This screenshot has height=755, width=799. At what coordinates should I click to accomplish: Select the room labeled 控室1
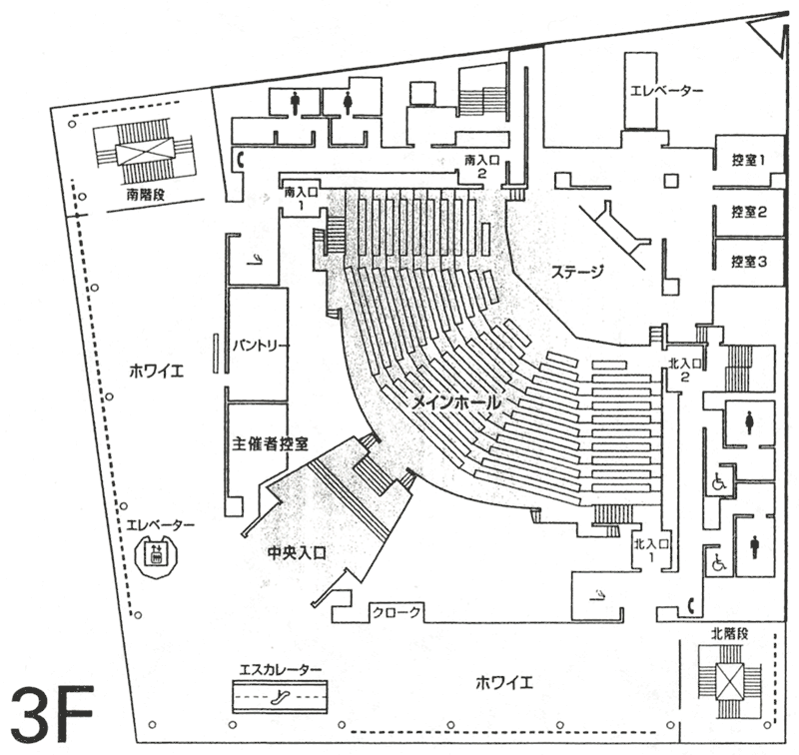tap(748, 160)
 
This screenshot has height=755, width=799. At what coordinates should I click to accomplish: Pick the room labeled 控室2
tap(748, 212)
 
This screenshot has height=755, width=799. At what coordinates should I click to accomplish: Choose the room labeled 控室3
tap(748, 263)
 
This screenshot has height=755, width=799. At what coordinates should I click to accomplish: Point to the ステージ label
tap(577, 272)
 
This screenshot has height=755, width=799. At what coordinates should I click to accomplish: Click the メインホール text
tap(454, 400)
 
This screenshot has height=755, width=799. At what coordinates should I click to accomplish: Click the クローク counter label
tap(399, 612)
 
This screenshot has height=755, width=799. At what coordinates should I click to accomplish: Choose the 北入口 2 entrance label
tap(685, 370)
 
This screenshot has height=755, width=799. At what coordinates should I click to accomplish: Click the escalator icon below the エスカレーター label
tap(277, 693)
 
